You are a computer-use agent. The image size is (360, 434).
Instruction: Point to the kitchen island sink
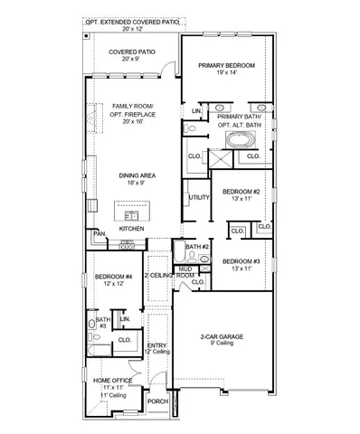click(133, 215)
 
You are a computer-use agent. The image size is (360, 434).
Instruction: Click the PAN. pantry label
click(99, 233)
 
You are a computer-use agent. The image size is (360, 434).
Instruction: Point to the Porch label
click(158, 401)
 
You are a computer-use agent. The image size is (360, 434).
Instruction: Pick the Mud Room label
click(185, 271)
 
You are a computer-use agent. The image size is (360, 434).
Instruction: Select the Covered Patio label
click(132, 52)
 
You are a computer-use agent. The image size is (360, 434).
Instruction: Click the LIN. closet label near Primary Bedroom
click(195, 111)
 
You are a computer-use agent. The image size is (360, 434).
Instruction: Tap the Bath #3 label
click(102, 322)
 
